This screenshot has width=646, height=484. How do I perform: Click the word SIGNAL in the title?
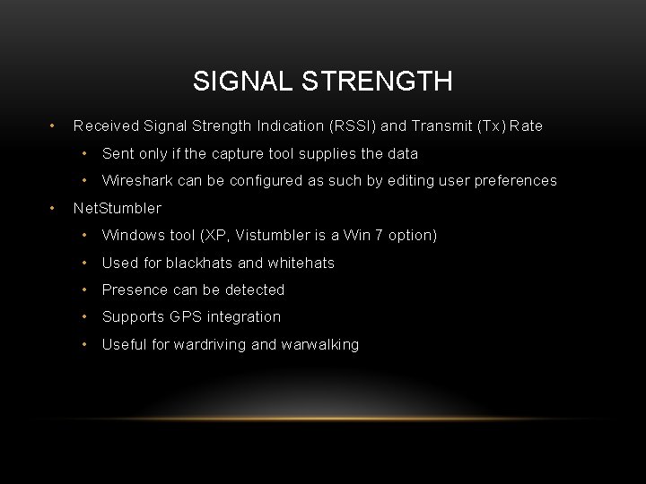(236, 82)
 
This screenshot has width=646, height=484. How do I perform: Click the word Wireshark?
(138, 181)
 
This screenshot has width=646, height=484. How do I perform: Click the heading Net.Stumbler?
(117, 209)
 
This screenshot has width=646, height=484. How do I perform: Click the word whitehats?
(301, 264)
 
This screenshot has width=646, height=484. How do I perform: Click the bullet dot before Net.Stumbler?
(55, 209)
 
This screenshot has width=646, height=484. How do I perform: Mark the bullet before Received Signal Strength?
(55, 126)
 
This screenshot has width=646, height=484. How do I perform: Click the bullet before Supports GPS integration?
(83, 317)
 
